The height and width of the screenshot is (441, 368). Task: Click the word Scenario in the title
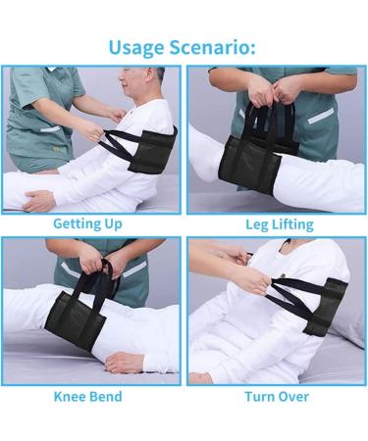click(x=217, y=46)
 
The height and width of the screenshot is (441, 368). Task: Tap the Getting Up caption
click(x=87, y=223)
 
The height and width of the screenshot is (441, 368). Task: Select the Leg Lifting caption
click(x=279, y=224)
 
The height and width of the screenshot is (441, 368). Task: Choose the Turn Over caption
click(x=278, y=396)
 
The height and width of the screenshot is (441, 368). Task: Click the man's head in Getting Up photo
click(x=140, y=85)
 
